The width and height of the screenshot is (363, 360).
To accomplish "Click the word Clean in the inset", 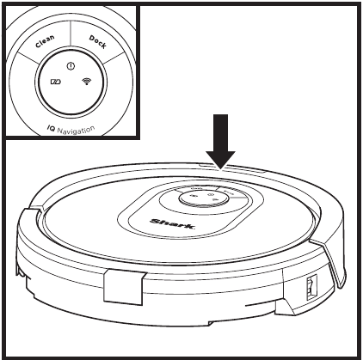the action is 45,41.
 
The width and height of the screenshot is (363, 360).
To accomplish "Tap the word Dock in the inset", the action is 97,42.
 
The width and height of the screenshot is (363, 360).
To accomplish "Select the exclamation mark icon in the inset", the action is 71,66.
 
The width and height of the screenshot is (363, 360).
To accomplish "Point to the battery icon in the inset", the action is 56,82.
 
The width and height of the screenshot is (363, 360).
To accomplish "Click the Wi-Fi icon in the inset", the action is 87,82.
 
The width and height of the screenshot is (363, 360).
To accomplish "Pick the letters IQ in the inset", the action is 51,129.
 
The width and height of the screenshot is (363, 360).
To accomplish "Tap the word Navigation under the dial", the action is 76,131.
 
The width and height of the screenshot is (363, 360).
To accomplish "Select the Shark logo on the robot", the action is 173,223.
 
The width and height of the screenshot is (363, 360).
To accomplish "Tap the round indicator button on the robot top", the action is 204,198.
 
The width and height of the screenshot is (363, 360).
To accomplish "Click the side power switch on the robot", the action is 311,287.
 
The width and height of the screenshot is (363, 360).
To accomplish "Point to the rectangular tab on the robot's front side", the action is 124,285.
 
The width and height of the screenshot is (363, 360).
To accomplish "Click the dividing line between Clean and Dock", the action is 71,33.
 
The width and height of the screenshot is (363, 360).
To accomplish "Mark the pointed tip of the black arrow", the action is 220,169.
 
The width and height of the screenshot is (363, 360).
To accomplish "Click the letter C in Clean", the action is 38,46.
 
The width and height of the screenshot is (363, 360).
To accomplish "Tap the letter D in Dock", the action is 92,38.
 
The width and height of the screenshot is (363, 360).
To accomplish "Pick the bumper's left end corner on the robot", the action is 23,210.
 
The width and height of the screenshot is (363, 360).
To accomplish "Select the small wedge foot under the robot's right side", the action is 285,308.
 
